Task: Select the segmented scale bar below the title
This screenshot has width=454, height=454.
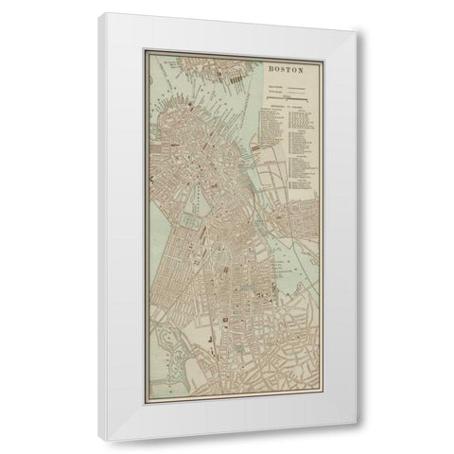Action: pos(293,95)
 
